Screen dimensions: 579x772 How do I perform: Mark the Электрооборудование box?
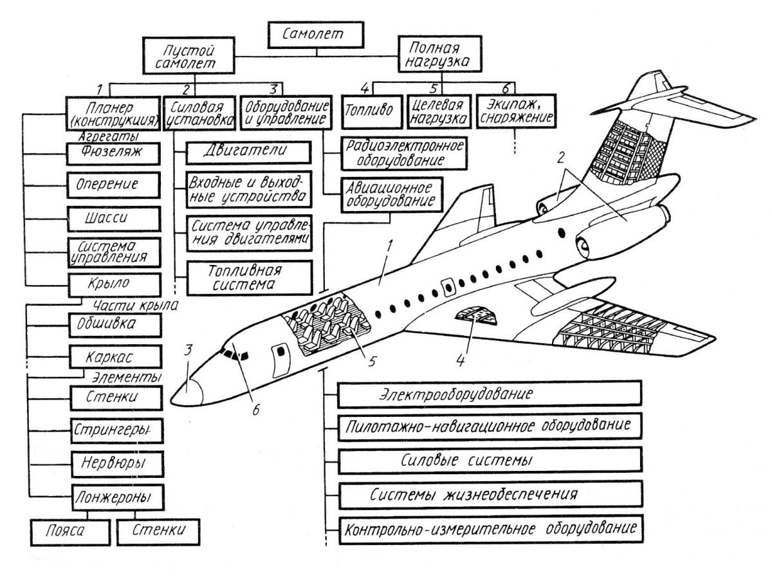(490, 394)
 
